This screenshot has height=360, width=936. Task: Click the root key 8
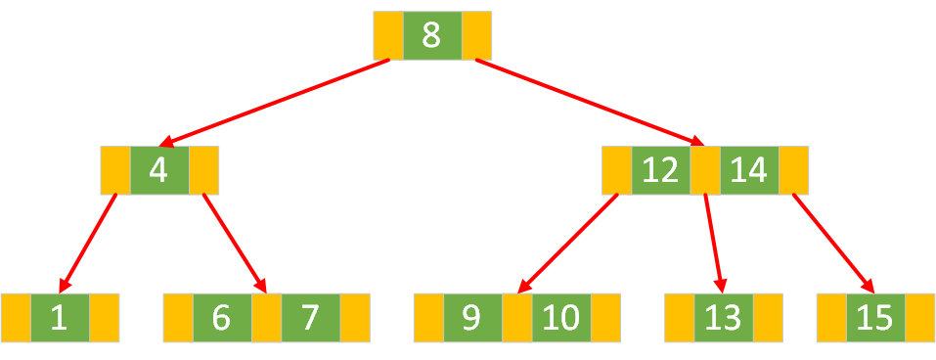click(431, 35)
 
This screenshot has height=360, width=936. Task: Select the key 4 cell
click(158, 170)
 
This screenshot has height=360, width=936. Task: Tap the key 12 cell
click(660, 170)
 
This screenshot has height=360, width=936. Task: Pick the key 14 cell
click(749, 170)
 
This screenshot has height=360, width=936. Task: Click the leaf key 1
click(60, 318)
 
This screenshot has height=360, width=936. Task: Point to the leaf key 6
click(221, 318)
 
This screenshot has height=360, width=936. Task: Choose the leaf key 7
click(310, 318)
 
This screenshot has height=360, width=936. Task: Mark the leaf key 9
click(472, 318)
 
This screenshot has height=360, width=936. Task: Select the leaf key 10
click(561, 318)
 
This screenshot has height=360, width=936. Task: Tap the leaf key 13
click(724, 318)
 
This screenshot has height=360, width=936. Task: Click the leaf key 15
click(875, 318)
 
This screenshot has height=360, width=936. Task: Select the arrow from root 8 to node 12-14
click(587, 103)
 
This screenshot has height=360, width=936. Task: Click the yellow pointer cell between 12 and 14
click(705, 170)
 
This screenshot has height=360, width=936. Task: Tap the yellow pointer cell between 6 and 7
click(266, 318)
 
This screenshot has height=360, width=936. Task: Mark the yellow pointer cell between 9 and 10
click(517, 318)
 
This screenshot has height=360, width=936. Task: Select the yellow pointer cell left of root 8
click(387, 35)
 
